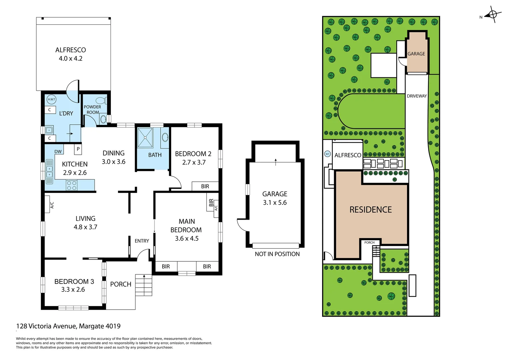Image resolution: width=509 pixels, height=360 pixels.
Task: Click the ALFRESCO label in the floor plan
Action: [x=70, y=50]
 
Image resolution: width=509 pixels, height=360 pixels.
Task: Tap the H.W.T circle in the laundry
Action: [x=51, y=99]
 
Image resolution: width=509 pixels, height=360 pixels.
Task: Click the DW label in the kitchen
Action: [x=58, y=152]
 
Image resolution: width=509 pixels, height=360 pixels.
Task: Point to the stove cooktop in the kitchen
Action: [x=72, y=185]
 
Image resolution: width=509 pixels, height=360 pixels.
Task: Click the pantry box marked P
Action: [x=78, y=149]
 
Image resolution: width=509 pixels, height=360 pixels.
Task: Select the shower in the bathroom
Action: [x=145, y=137]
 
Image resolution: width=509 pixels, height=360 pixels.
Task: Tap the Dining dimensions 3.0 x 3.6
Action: [x=114, y=162]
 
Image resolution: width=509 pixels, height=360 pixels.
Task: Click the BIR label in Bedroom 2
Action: [x=205, y=186]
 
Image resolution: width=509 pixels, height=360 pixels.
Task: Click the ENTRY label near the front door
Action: [x=142, y=241]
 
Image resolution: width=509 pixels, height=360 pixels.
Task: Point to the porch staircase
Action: [x=144, y=285]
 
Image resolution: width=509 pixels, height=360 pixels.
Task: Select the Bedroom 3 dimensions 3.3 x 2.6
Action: [x=73, y=290]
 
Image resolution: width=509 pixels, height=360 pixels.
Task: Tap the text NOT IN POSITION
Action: [x=277, y=254]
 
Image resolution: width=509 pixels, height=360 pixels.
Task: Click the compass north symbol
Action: [x=492, y=15]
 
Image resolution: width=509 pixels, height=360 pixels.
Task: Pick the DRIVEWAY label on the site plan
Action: [x=417, y=96]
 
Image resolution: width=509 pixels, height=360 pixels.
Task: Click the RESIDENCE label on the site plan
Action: [x=370, y=210]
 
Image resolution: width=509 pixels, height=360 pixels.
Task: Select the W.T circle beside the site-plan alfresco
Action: [x=327, y=154]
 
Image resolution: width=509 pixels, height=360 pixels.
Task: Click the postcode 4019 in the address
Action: [x=113, y=326]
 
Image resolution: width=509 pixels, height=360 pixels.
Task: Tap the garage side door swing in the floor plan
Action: [x=242, y=225]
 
